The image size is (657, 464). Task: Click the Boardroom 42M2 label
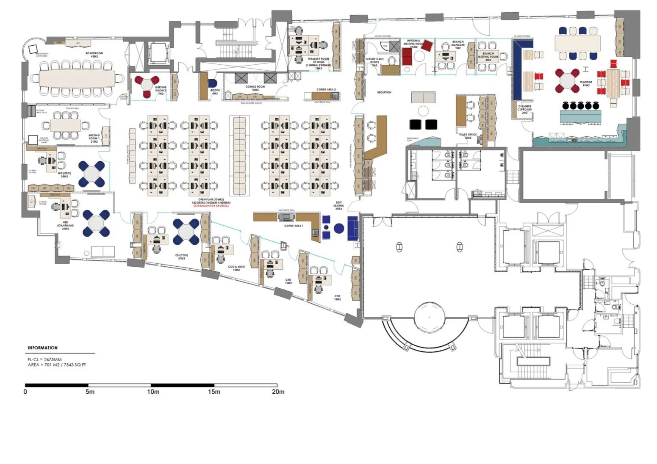pos(94,55)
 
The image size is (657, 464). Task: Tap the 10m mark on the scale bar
pos(153,392)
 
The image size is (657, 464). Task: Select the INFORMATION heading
pos(42,348)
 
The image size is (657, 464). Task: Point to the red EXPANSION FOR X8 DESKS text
pos(211,206)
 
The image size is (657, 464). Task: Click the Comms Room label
pos(255,88)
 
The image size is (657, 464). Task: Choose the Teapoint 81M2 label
pos(586,83)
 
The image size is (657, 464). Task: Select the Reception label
pos(384,92)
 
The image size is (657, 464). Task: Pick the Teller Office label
pos(468,136)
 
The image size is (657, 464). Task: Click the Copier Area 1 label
pos(293,226)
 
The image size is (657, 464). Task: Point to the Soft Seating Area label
pos(338,206)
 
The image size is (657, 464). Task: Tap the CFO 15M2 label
pos(337,298)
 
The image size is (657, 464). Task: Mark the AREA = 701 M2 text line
pos(57,365)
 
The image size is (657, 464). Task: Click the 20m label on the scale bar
pos(278,392)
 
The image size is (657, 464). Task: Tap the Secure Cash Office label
pos(374,62)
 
